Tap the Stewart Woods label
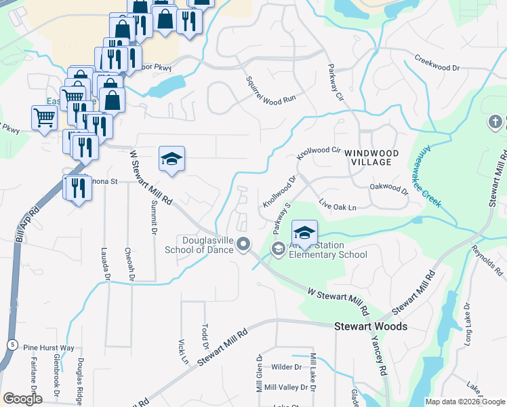371,327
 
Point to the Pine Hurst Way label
48,347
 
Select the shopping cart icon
44,118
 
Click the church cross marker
495,123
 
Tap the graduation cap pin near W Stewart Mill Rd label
171,159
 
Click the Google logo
22,399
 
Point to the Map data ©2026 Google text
465,402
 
